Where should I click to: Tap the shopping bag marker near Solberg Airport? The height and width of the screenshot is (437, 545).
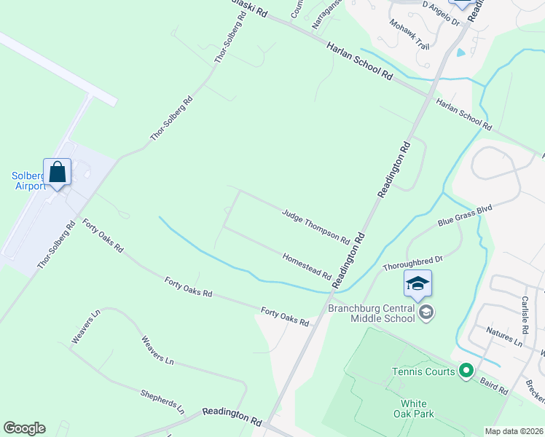click(x=58, y=173)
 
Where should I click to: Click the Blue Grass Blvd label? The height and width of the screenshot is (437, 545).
click(x=465, y=215)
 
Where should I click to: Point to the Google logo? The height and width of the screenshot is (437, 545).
click(x=24, y=428)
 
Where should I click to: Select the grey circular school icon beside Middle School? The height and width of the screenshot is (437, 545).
click(x=426, y=312)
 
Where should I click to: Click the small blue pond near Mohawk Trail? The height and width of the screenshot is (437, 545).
click(x=461, y=52)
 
